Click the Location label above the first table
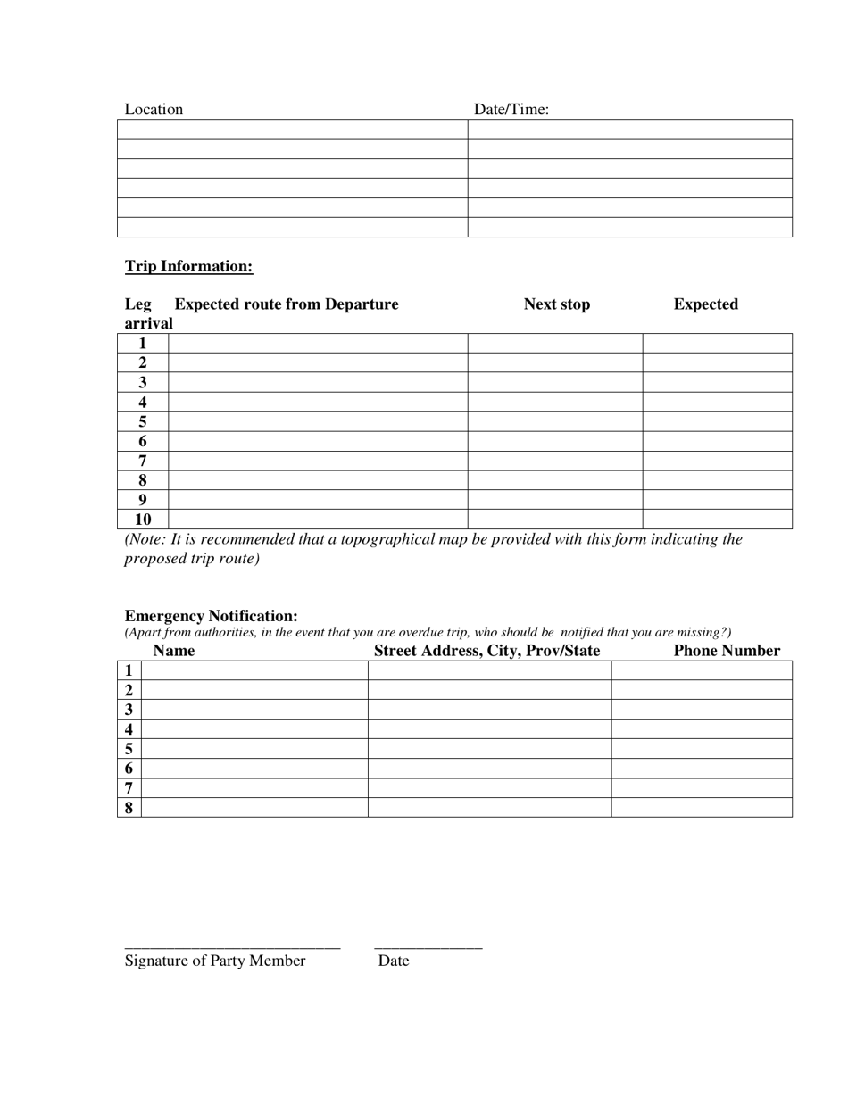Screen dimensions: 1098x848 click(x=154, y=109)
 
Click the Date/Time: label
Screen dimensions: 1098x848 click(x=511, y=109)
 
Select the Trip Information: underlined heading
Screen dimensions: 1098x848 click(x=188, y=266)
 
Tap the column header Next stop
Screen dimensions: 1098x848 click(x=556, y=304)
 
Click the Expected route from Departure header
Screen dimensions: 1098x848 click(x=287, y=304)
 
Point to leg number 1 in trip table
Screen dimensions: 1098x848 click(x=143, y=343)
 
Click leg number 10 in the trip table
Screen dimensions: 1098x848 click(x=143, y=520)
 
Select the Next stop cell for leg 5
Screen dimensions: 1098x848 click(x=554, y=421)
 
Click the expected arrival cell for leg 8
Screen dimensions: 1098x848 click(x=717, y=480)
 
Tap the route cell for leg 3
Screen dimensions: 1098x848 click(x=318, y=382)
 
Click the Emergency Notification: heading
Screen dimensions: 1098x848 click(x=211, y=616)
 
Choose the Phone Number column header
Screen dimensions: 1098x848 click(x=727, y=651)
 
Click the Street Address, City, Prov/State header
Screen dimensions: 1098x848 click(x=486, y=651)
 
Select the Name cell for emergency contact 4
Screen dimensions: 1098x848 click(x=254, y=729)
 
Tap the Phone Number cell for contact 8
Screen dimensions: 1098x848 click(x=702, y=808)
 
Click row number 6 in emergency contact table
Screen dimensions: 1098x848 click(x=129, y=769)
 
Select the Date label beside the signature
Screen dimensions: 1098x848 click(x=394, y=961)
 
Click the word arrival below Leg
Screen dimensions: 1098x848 click(x=148, y=323)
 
